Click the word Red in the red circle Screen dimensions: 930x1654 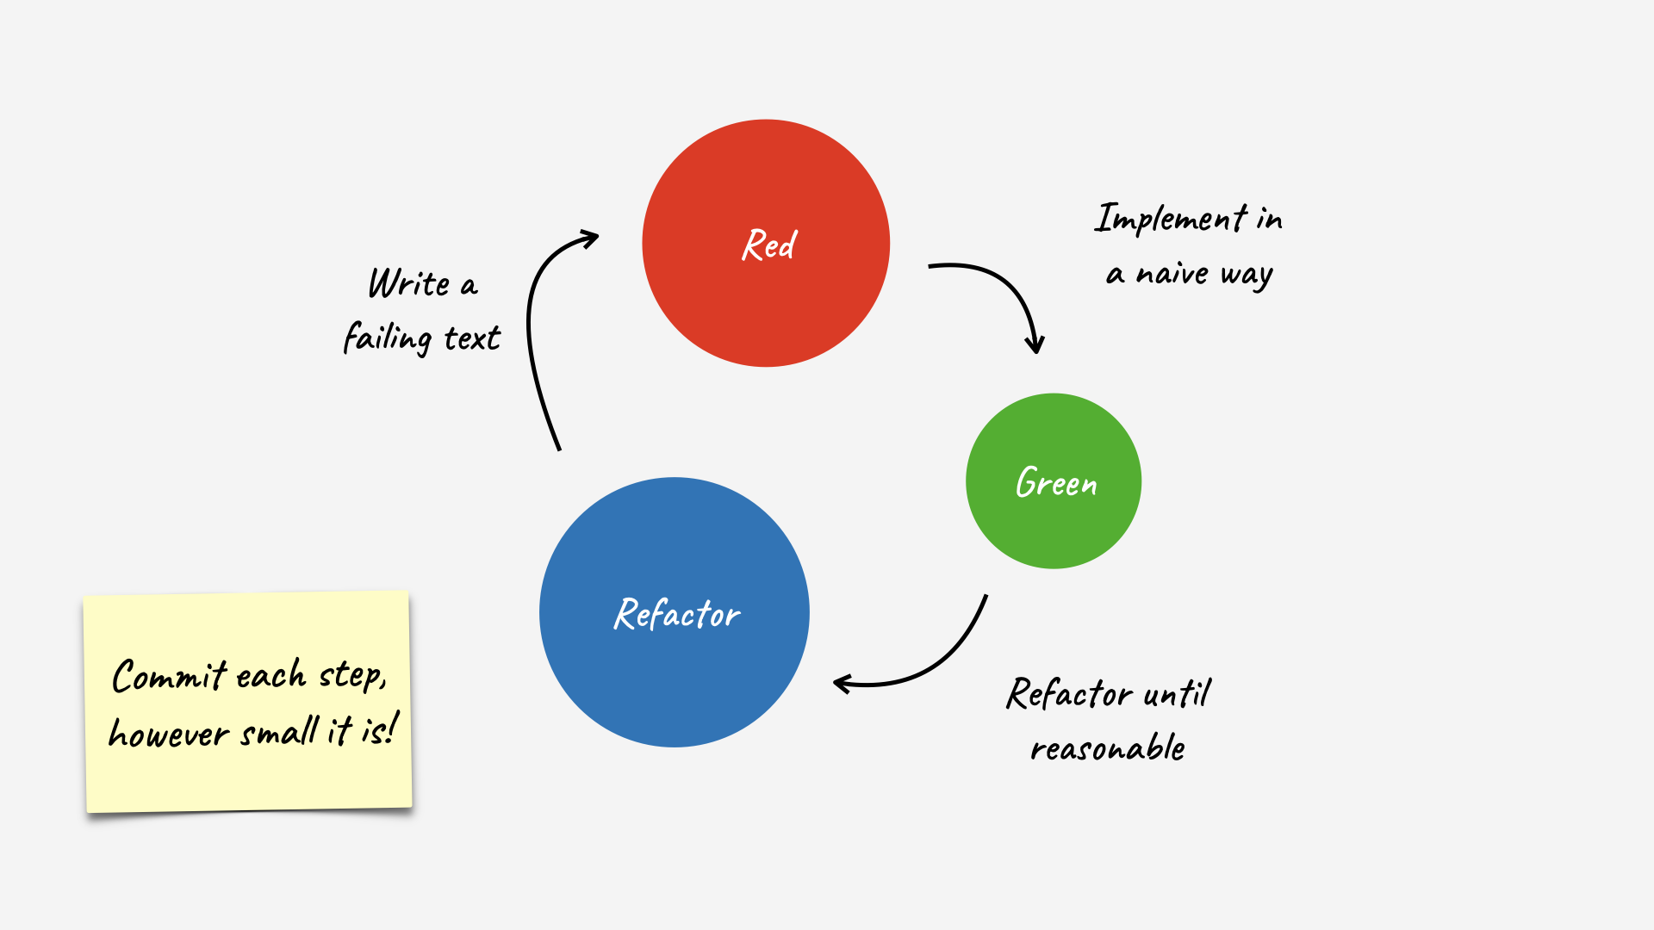(x=769, y=245)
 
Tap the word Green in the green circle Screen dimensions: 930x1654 (x=1056, y=482)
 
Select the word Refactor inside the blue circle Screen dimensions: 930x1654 (x=677, y=614)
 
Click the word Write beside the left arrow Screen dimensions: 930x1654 (x=409, y=283)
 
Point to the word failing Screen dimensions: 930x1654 (x=387, y=338)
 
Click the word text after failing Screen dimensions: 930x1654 (x=472, y=338)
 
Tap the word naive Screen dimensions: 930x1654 (x=1172, y=274)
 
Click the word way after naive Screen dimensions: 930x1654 (x=1247, y=276)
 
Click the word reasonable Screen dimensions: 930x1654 (x=1108, y=748)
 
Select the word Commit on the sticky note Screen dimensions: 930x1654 (x=169, y=676)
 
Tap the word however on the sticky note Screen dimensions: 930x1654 (x=169, y=734)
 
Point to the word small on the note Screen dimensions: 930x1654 (x=280, y=733)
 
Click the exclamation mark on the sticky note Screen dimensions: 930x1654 (x=393, y=728)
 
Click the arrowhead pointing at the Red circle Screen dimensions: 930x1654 (x=590, y=238)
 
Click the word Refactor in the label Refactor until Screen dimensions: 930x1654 (x=1070, y=693)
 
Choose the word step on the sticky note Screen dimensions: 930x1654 (x=351, y=675)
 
